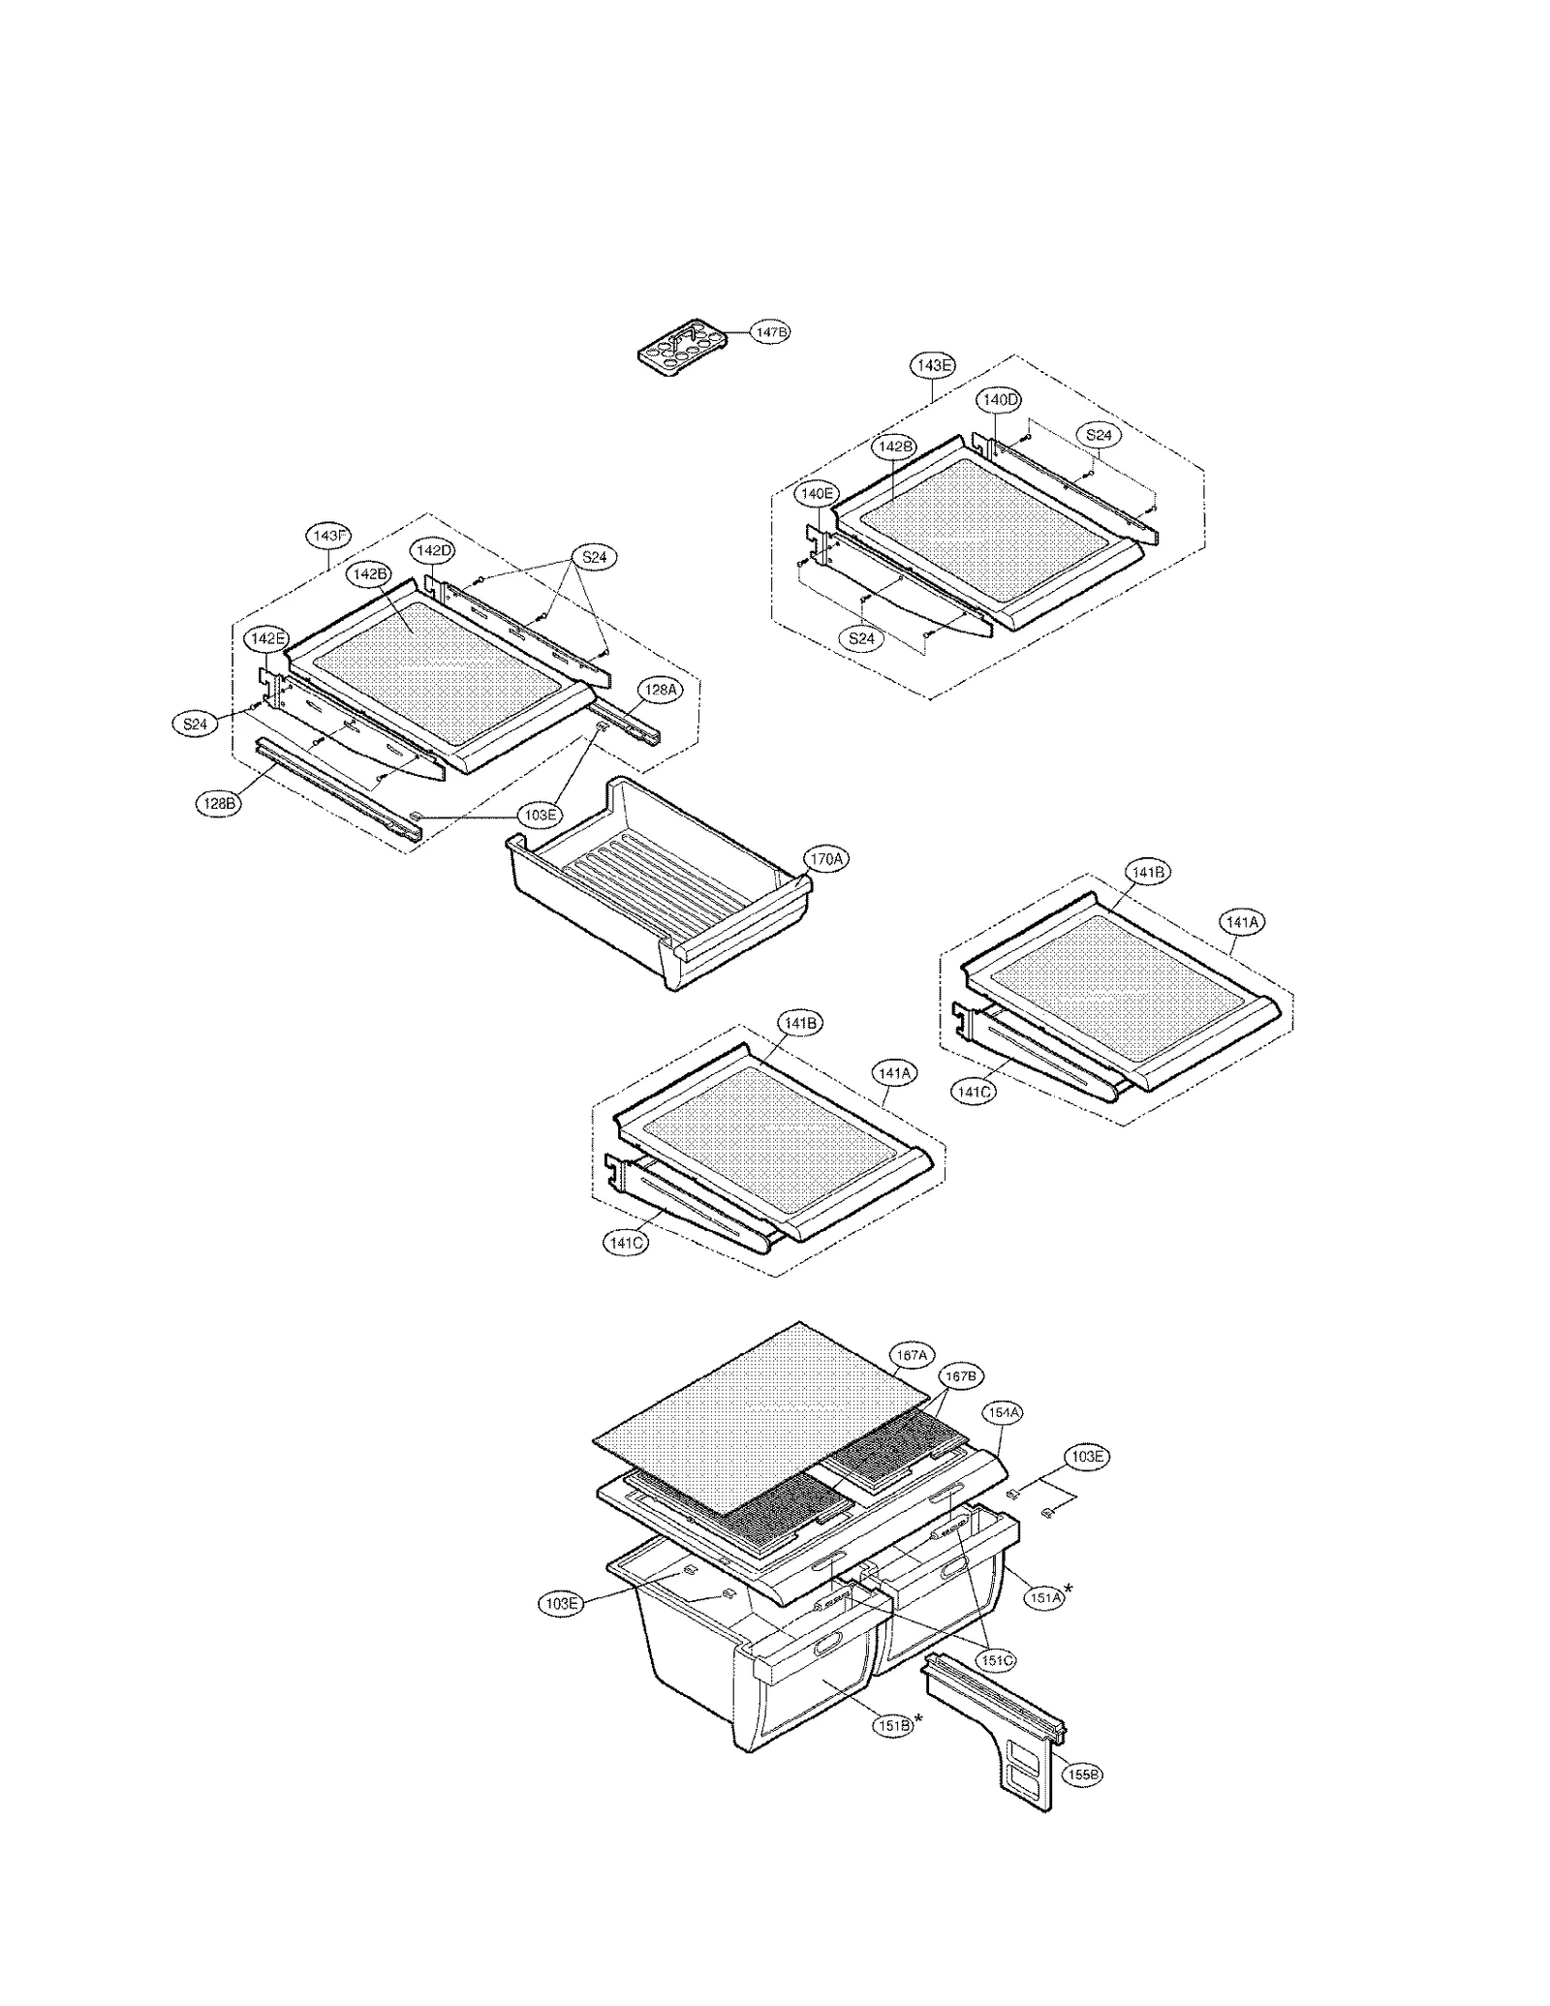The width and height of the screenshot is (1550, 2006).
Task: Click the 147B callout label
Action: (x=771, y=332)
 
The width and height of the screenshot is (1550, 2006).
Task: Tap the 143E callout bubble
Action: (x=932, y=365)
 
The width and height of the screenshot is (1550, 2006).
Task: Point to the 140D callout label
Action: (x=999, y=399)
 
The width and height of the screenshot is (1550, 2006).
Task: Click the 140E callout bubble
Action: (x=816, y=493)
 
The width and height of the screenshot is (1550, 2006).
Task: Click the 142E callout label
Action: (x=266, y=638)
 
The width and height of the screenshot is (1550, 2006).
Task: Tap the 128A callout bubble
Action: (x=661, y=690)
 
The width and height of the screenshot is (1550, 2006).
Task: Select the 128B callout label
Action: (x=218, y=803)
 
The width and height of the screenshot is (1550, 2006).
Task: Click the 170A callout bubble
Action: (x=825, y=858)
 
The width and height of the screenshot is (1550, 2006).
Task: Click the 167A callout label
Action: (x=912, y=1356)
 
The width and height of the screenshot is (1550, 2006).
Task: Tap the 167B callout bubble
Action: (x=960, y=1375)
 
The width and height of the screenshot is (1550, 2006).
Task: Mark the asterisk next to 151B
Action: (x=918, y=1719)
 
